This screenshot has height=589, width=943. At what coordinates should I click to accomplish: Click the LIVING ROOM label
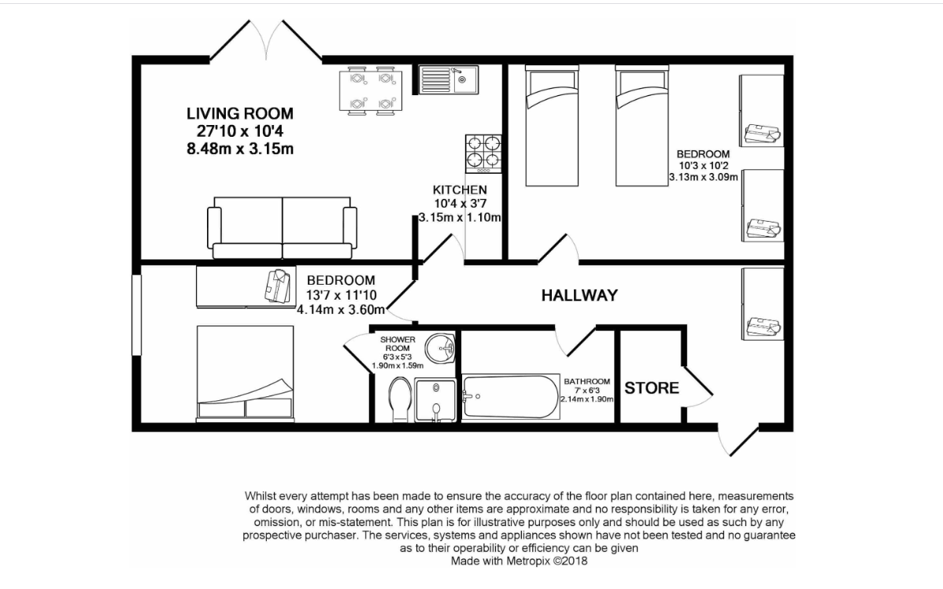(x=240, y=113)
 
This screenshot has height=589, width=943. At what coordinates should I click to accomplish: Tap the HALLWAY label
(x=579, y=295)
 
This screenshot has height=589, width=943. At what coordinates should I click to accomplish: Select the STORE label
(x=651, y=388)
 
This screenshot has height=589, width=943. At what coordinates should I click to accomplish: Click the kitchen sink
(x=449, y=79)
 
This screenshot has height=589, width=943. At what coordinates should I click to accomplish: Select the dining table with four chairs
(x=368, y=90)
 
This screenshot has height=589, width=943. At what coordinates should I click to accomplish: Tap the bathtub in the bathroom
(x=510, y=396)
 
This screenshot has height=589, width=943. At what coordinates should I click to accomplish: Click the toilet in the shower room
(x=399, y=399)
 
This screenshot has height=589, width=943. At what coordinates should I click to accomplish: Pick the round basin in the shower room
(x=441, y=348)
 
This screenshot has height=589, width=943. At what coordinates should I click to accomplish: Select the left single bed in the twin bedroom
(x=552, y=126)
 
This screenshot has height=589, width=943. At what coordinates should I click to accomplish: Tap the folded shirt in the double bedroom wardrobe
(x=277, y=285)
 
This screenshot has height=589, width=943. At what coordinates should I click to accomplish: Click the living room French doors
(x=265, y=40)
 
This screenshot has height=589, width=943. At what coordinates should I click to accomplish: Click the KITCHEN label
(x=460, y=190)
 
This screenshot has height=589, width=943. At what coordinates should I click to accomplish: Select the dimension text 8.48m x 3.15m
(x=240, y=149)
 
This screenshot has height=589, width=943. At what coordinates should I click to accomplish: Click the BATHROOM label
(x=587, y=381)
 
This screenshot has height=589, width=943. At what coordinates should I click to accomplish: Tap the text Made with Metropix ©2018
(x=519, y=561)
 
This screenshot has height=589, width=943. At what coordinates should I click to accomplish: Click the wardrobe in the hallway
(x=763, y=304)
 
